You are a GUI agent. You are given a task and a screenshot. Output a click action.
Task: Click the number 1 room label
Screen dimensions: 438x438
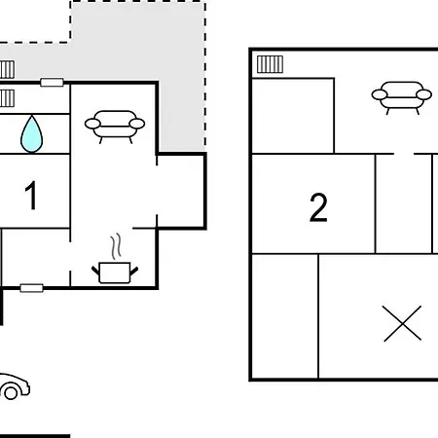click(31, 195)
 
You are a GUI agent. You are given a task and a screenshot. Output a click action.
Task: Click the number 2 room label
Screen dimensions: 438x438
click(318, 207)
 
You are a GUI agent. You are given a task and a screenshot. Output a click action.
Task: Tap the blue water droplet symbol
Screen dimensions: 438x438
click(31, 133)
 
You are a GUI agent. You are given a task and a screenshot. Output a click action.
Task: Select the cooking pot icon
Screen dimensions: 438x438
click(115, 273)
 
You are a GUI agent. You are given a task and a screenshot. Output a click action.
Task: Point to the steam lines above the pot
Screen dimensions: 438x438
click(116, 246)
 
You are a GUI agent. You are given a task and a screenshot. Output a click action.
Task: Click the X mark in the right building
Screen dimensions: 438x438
click(402, 323)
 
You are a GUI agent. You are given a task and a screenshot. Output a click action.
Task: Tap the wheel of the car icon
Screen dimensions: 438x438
click(11, 393)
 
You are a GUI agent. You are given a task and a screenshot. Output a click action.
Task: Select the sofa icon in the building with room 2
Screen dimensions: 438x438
click(402, 97)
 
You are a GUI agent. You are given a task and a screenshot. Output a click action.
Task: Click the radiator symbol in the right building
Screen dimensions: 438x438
click(270, 64)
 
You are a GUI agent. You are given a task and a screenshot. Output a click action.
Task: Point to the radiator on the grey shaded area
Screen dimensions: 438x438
click(7, 69)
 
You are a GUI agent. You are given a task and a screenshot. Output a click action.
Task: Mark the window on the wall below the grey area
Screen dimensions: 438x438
click(52, 83)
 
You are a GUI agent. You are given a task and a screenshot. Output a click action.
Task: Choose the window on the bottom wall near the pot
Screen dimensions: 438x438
click(31, 288)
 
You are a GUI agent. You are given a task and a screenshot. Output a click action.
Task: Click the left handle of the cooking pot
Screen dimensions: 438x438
click(95, 270)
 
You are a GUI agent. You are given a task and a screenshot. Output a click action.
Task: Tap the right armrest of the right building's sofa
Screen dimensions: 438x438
click(423, 94)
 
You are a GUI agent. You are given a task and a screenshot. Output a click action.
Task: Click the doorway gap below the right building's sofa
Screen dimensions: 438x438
click(404, 154)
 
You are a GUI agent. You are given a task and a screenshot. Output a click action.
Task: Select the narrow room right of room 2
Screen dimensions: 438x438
click(404, 203)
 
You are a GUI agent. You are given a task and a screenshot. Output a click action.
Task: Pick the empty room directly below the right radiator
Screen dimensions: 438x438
click(293, 116)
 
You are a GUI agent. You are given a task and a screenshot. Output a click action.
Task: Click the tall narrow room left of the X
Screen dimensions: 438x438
click(285, 316)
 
